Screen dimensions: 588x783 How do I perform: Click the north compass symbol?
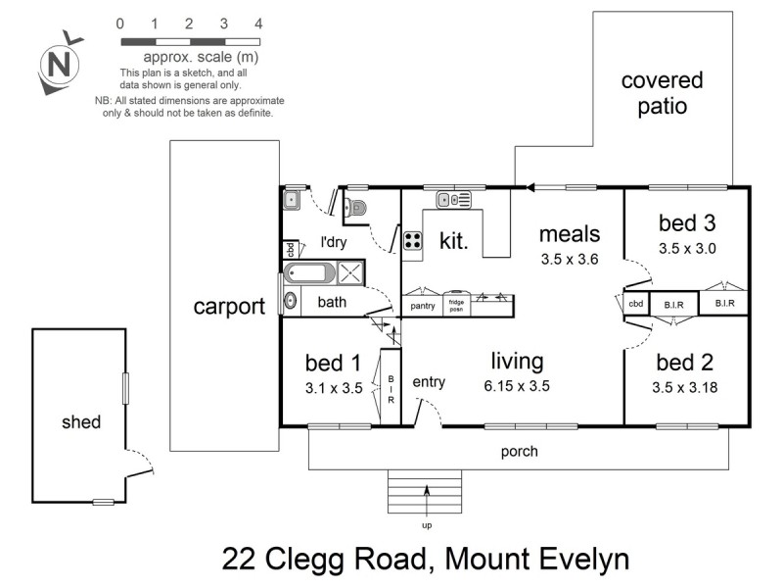(58, 65)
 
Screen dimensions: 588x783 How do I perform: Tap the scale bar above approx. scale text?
(189, 42)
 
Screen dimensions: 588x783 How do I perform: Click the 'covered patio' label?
(662, 93)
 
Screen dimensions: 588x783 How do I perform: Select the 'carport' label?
(229, 306)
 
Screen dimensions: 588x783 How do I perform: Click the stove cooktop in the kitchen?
(412, 241)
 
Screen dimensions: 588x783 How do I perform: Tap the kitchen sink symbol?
(454, 200)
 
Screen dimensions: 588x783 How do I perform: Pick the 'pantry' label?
(422, 306)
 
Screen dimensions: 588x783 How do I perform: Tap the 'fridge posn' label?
(457, 305)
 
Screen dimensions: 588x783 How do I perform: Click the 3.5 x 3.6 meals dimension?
(569, 260)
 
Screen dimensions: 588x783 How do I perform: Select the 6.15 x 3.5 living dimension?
(518, 386)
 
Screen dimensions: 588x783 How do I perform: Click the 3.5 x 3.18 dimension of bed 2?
(685, 387)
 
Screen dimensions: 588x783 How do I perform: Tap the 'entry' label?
(429, 381)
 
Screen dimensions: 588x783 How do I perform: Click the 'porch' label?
(519, 452)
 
